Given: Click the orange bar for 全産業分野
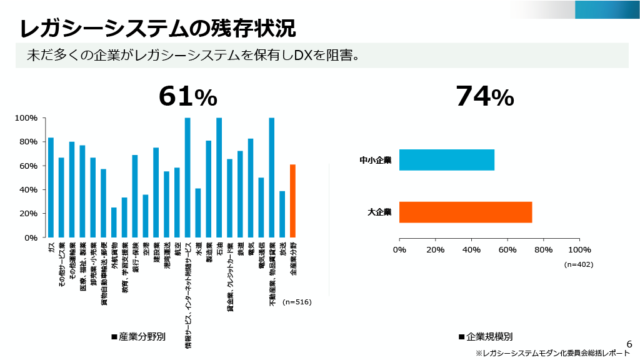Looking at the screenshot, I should (x=292, y=201).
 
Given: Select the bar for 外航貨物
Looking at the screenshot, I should (x=114, y=222).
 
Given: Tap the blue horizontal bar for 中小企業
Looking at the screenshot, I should (x=446, y=160).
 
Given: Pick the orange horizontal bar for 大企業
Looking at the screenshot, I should (x=465, y=212).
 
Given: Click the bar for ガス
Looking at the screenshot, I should (x=51, y=187).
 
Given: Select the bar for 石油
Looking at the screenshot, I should (x=219, y=177).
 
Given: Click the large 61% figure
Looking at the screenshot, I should (x=187, y=96).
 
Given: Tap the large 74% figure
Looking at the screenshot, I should (x=484, y=96).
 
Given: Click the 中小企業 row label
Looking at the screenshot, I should (x=375, y=160).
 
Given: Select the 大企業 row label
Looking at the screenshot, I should (x=379, y=212).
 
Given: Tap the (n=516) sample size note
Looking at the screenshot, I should (x=297, y=302).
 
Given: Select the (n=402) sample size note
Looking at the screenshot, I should (x=578, y=264).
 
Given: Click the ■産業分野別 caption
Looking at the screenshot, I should (x=138, y=336).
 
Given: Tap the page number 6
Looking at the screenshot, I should (x=629, y=344).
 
